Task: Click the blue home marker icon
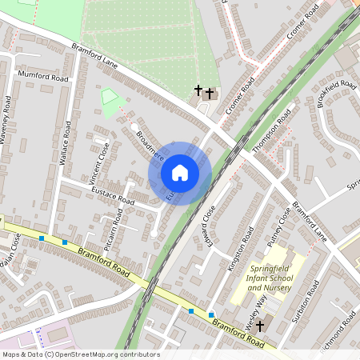point(180,173)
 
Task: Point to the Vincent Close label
point(96,160)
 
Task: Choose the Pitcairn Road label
point(114,230)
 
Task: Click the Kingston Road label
point(240,248)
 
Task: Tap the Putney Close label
point(278,227)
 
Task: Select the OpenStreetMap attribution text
point(80,354)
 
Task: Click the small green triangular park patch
point(109,102)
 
